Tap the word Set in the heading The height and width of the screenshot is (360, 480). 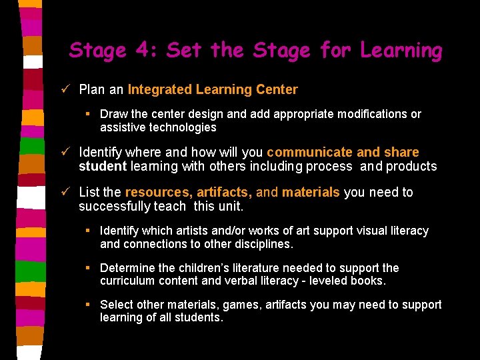click(186, 50)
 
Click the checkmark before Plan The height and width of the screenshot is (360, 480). click(65, 89)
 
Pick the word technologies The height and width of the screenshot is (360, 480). click(183, 127)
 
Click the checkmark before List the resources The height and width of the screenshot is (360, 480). click(65, 192)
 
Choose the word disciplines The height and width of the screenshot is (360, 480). click(259, 243)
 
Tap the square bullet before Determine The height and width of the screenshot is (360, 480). click(88, 268)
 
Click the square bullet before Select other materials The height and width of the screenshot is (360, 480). click(88, 305)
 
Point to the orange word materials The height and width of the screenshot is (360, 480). click(311, 192)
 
